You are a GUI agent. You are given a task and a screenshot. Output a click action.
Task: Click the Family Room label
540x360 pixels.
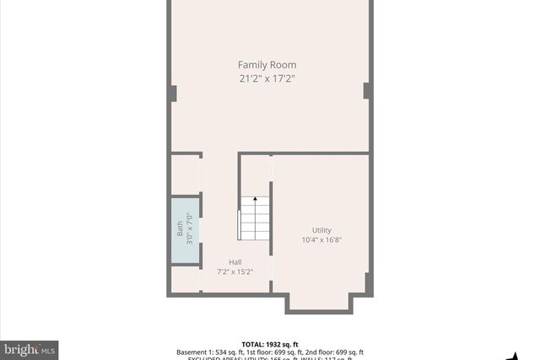pos(267,65)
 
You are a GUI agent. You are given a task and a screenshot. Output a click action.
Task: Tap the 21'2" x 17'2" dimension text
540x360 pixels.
pos(267,78)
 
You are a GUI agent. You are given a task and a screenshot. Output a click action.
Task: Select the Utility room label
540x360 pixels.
pos(321,230)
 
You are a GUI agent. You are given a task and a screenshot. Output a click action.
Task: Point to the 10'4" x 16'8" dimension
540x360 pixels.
pos(321,240)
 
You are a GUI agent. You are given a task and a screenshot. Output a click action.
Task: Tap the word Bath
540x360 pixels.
pos(179,228)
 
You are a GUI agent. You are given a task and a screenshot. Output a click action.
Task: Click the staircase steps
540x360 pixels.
pos(255,221)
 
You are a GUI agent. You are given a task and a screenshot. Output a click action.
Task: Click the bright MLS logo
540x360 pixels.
pos(30,349)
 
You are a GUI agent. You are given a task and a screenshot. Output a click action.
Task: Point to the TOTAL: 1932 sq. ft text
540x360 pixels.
pos(270,343)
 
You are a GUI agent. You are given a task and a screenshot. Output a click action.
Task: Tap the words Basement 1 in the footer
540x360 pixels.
pos(196,352)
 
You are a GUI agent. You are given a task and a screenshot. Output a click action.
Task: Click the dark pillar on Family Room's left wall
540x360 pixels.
pos(172,94)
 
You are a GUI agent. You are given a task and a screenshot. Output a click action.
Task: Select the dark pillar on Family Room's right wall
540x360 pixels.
pos(367,90)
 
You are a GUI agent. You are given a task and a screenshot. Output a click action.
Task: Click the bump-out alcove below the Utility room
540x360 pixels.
pos(319,302)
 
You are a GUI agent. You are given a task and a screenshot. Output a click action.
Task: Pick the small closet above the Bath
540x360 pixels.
pos(186,175)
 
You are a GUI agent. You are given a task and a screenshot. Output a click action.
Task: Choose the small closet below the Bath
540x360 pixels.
pos(186,279)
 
